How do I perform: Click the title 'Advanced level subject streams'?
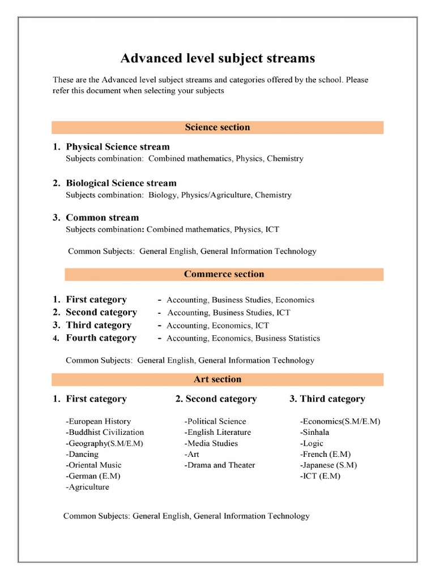click(217, 58)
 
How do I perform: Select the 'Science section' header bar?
click(217, 127)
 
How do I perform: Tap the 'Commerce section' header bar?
click(224, 274)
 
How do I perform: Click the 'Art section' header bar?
click(217, 379)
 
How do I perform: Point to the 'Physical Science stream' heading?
click(118, 147)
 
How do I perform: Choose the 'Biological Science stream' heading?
click(121, 183)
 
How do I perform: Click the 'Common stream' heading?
click(102, 218)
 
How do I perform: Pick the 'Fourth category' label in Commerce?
click(101, 338)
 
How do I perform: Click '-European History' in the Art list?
click(99, 421)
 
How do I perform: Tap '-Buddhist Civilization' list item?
click(105, 432)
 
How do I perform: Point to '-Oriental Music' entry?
click(93, 465)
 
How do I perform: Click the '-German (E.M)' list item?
click(93, 476)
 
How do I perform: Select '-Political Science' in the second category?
click(215, 421)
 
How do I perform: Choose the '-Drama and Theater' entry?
click(220, 465)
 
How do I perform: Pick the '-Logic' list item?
click(312, 443)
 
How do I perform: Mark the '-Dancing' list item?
click(82, 454)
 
